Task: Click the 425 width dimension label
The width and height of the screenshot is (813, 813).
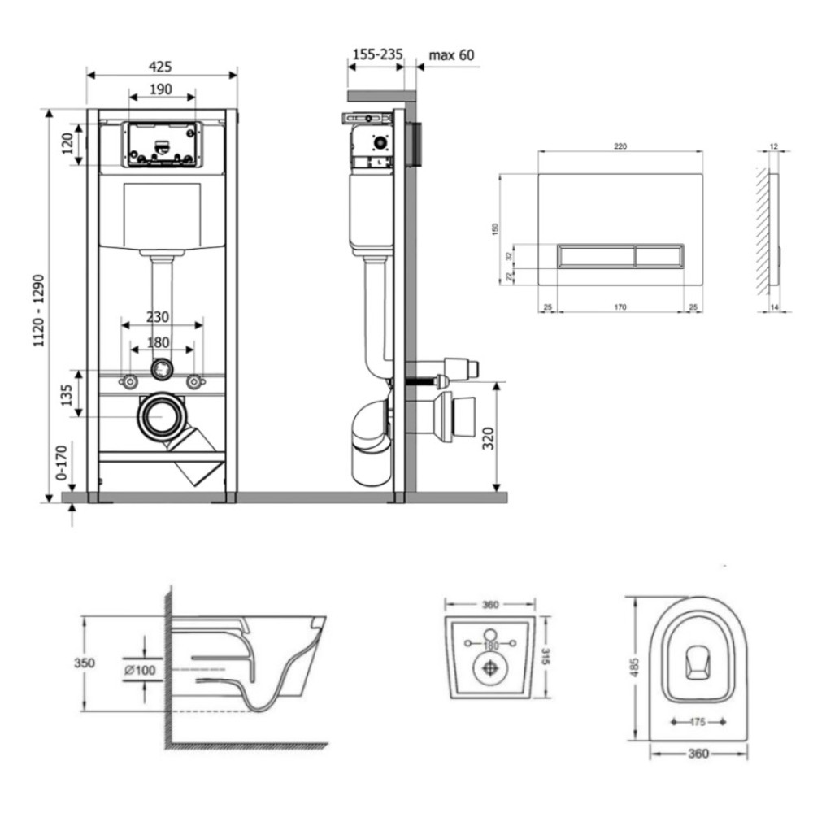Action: point(160,67)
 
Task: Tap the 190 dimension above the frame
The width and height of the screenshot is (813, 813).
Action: point(161,89)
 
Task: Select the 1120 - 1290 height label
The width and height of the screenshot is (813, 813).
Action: point(39,311)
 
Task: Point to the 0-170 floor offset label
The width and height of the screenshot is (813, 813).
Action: point(62,463)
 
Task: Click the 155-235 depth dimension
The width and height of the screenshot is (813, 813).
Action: point(377,54)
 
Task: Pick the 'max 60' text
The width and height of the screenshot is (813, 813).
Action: point(451,55)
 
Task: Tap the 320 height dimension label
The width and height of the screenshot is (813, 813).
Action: point(488,439)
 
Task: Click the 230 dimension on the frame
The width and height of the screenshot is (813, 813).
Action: point(158,316)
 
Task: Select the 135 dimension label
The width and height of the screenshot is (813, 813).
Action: point(67,396)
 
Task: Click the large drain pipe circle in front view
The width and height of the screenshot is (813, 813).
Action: point(161,416)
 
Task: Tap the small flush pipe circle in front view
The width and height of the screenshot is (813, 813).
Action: point(162,368)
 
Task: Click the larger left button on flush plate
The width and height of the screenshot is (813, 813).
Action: point(596,256)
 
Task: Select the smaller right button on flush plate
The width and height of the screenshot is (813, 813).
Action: point(659,256)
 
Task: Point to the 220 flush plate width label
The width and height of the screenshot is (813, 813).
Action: point(620,146)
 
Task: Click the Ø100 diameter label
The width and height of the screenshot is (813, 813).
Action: point(140,670)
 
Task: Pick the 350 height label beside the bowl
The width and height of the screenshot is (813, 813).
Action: point(85,663)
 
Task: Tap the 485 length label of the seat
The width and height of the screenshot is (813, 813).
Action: point(636,667)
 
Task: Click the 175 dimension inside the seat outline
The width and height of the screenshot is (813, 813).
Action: point(698,722)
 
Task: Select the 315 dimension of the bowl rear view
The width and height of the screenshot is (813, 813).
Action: point(546,656)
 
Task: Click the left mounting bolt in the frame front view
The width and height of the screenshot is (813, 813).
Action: point(128,383)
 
